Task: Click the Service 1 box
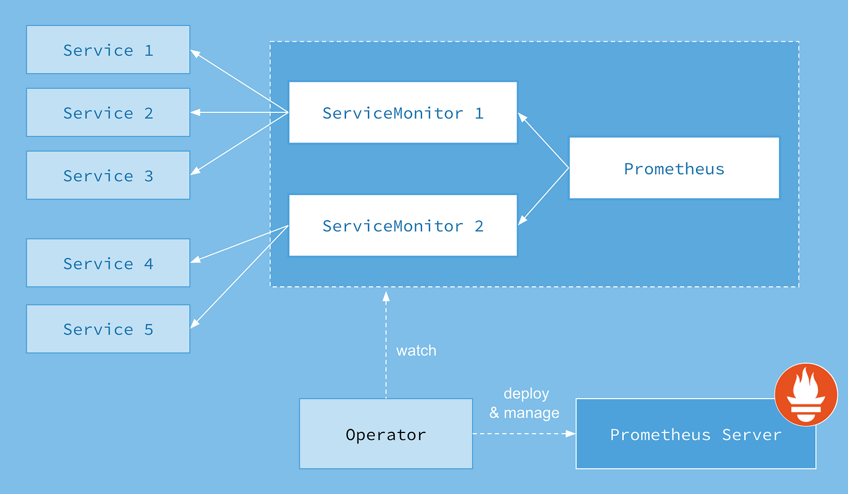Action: pyautogui.click(x=108, y=50)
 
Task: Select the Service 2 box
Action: pyautogui.click(x=108, y=112)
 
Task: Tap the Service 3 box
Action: pyautogui.click(x=108, y=175)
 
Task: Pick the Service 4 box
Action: pyautogui.click(x=108, y=263)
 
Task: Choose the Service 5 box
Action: pyautogui.click(x=108, y=329)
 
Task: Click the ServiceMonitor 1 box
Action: pyautogui.click(x=403, y=112)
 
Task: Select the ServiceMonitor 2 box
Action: pyautogui.click(x=403, y=226)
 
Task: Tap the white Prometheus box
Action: pyautogui.click(x=674, y=169)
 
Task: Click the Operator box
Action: pyautogui.click(x=386, y=434)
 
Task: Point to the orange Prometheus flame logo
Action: pyautogui.click(x=806, y=394)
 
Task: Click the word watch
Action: pyautogui.click(x=416, y=350)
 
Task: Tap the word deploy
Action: pyautogui.click(x=526, y=393)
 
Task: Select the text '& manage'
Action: pyautogui.click(x=524, y=412)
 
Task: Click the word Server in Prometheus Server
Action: pyautogui.click(x=752, y=435)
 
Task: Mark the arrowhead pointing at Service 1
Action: pyautogui.click(x=195, y=53)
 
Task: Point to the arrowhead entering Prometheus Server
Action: pyautogui.click(x=571, y=434)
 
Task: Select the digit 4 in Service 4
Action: pyautogui.click(x=149, y=263)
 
